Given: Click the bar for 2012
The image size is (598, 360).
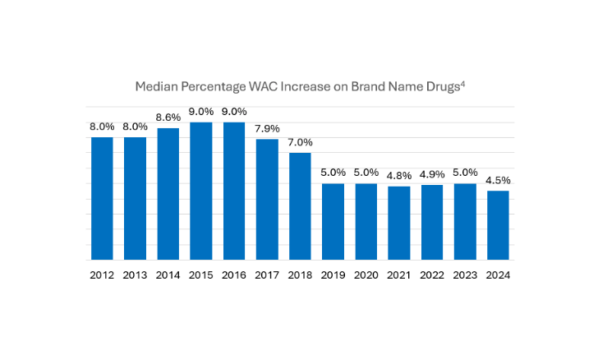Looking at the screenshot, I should pos(102,198).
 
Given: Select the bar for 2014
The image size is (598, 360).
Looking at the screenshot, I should pos(168,194).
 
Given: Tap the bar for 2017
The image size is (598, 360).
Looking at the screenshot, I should pos(267,199).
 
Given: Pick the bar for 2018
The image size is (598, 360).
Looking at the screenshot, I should pos(300,206).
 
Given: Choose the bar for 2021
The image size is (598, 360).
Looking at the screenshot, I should pos(399,223).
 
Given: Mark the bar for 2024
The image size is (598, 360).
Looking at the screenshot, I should pos(498,225).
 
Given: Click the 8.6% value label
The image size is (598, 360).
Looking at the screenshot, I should pos(168,118).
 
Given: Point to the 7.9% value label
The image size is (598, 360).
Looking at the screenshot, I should pos(267,128).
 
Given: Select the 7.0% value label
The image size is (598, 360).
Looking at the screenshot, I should pos(300,142).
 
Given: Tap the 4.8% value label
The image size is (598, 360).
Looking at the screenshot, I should pos(399,175).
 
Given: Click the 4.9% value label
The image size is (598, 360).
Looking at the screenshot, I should pos(432,173).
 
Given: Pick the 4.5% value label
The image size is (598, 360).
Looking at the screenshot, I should pos(498,180).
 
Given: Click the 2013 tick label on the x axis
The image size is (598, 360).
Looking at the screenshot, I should pos(135,276).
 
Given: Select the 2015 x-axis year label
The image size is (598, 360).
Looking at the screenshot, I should pos(201,276).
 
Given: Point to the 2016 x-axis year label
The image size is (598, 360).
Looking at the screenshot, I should pos(234,276).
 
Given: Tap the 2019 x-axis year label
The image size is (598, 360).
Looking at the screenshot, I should pos(333,276).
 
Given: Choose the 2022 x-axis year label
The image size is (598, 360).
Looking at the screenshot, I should pos(432,276).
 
